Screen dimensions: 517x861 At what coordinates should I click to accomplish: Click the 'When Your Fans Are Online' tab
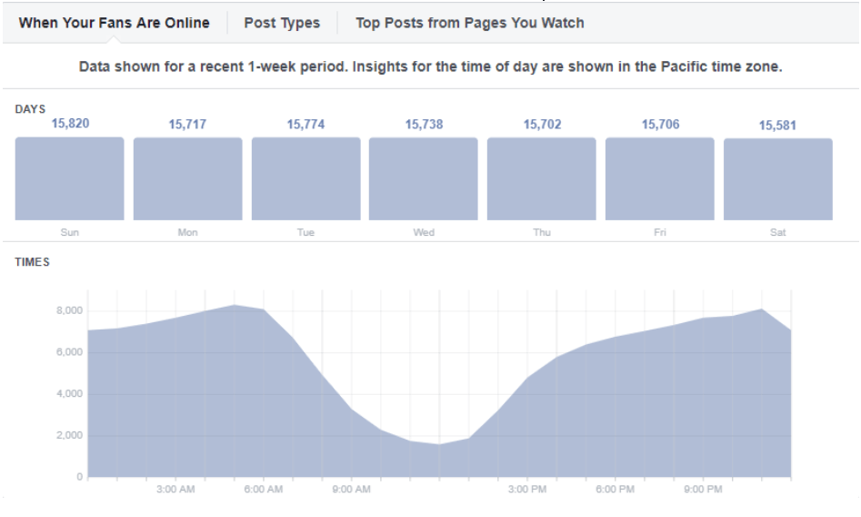coord(114,23)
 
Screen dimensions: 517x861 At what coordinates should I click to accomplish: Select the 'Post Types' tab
coord(282,23)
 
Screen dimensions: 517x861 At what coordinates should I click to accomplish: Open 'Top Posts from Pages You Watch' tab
coord(469,23)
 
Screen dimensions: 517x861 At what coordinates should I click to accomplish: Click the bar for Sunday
coord(69,178)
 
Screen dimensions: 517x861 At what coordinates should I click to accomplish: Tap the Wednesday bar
coord(424,178)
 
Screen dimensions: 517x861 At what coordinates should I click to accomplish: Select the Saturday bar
coord(778,179)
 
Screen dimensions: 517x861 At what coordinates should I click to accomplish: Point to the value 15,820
coord(71,123)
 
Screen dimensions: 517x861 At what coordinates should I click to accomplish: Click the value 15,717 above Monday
coord(187,124)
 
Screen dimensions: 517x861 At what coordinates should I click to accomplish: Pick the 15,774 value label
coord(305,124)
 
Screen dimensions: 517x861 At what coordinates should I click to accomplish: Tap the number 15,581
coord(778,125)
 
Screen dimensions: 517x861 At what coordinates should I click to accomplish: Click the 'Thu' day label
coord(542,232)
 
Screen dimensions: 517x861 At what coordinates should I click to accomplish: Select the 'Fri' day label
coord(660,232)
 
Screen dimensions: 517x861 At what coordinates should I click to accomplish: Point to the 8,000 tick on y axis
coord(69,310)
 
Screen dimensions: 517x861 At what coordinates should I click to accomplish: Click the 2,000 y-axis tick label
coord(69,435)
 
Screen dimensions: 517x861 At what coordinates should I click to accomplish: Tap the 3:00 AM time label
coord(175,490)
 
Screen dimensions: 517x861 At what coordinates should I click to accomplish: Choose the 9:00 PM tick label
coord(703,490)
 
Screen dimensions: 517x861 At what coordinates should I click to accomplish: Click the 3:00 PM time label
coord(527,490)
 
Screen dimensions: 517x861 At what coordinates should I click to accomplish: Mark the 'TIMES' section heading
coord(32,262)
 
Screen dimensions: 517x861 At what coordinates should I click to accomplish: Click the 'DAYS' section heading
coord(30,109)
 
